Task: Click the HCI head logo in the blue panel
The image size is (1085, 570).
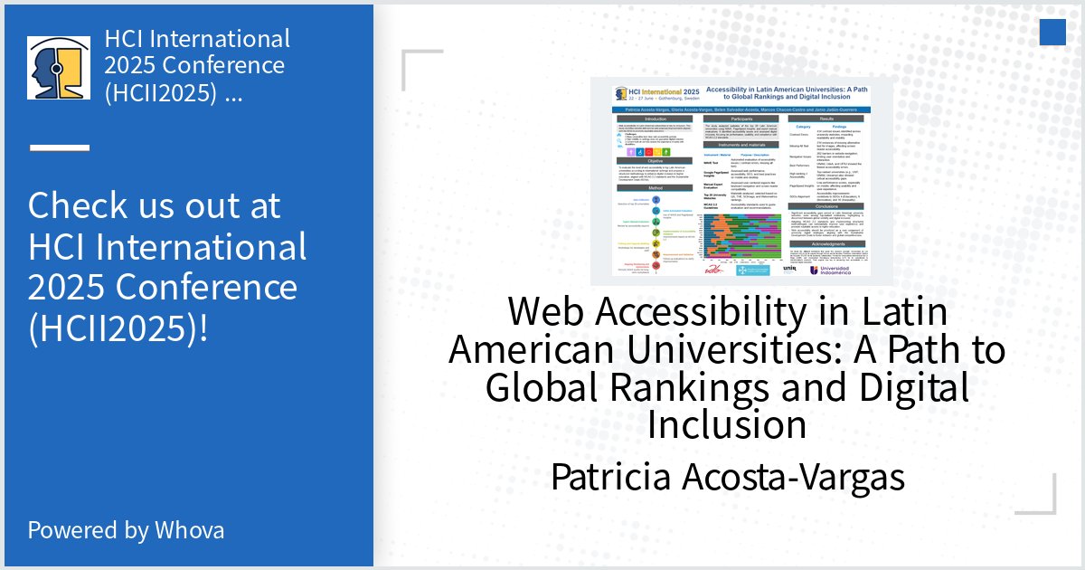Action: point(59,68)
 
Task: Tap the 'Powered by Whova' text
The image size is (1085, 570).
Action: point(126,529)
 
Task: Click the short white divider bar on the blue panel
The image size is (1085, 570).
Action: point(59,147)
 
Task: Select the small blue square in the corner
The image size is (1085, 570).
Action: point(1052,33)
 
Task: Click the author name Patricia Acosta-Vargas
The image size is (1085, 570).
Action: point(727,476)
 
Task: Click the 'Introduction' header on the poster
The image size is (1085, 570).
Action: point(642,119)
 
